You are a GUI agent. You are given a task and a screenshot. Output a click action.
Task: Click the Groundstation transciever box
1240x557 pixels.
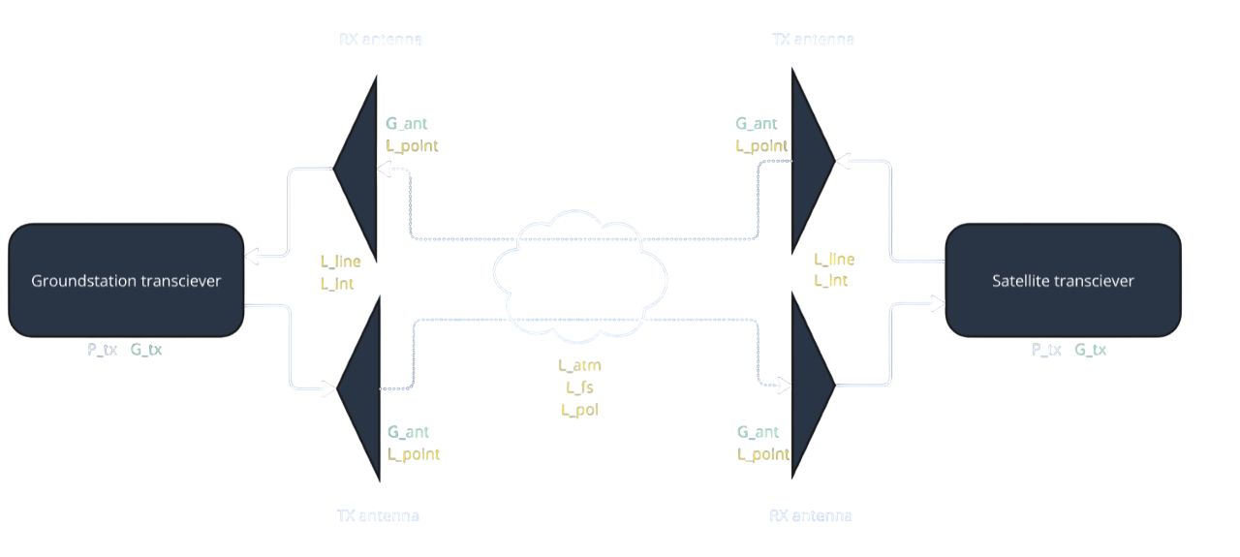pos(126,281)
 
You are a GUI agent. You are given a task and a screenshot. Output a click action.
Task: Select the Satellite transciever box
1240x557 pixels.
pos(1063,281)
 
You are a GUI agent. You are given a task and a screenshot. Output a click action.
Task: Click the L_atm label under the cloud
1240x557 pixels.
pos(579,365)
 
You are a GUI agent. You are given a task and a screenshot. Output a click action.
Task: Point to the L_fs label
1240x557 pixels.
pos(580,387)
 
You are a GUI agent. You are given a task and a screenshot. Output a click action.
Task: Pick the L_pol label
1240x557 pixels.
pos(580,410)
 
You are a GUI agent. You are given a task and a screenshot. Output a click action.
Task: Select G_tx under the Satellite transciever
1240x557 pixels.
pos(1090,350)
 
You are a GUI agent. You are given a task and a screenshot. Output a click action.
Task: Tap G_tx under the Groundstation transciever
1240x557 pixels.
pos(146,350)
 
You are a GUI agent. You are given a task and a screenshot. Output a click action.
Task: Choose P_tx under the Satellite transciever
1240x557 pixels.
pos(1046,350)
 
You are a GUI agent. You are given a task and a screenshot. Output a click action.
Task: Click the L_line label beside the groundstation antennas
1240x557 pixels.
pos(340,262)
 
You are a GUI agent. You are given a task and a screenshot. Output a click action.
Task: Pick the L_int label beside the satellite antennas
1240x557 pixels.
pos(831,281)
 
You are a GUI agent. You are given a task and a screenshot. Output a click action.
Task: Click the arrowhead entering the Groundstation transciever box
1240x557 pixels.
pos(252,257)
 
